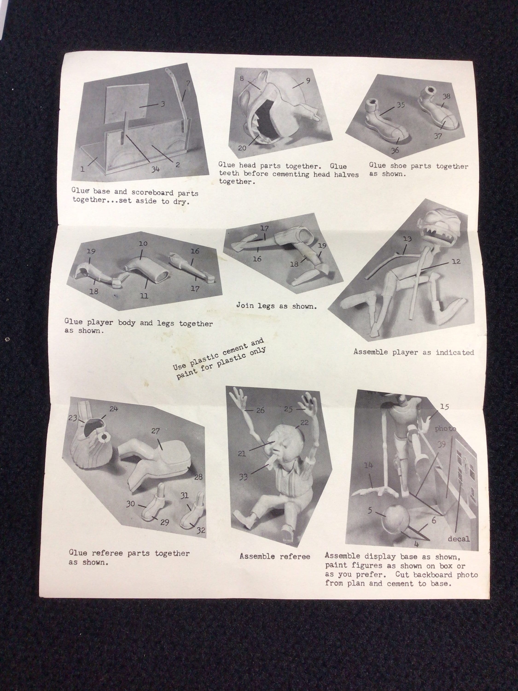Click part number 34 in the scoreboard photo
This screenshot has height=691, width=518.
coord(155,169)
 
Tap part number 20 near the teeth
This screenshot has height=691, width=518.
coord(242,148)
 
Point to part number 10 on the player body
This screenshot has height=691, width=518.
coord(143,243)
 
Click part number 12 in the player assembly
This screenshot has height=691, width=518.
coord(456,261)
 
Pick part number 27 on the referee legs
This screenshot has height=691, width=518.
coord(155,431)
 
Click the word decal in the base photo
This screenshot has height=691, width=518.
coord(459,539)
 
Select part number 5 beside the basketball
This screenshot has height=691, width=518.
coord(370,510)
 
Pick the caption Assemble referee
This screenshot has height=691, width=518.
coord(275,556)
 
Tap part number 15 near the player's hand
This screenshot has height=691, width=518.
coord(444,406)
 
